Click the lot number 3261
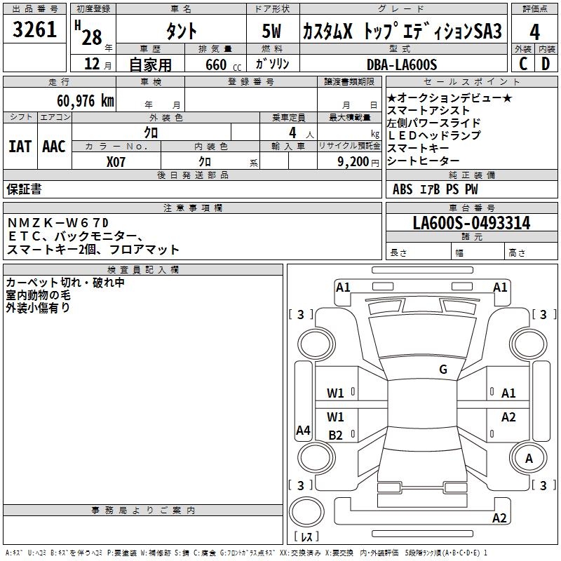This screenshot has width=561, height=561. [35, 30]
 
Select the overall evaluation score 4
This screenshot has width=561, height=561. [535, 32]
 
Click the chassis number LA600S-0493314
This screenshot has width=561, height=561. [471, 224]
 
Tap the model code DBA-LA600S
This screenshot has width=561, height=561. [402, 65]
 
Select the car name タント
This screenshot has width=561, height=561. [180, 32]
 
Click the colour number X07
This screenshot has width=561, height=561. [116, 161]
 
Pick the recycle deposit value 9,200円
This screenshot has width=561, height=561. [351, 161]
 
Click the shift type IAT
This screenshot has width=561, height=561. [20, 147]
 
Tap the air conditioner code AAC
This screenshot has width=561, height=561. [54, 147]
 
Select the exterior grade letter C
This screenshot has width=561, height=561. [522, 64]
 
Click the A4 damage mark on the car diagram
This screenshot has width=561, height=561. [303, 431]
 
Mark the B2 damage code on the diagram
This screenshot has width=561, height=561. [336, 435]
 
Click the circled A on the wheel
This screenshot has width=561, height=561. [529, 458]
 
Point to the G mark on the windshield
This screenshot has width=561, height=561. [442, 370]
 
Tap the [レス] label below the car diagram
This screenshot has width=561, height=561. [306, 536]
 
